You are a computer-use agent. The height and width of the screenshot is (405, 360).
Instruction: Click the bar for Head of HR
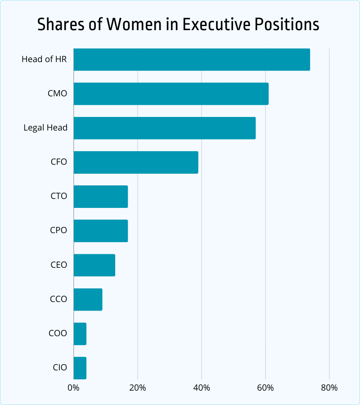[192, 59]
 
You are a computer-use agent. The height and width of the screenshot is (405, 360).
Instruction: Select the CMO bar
[171, 94]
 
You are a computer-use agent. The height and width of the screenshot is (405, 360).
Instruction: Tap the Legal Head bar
[165, 128]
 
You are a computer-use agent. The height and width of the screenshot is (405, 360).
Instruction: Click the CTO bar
[101, 197]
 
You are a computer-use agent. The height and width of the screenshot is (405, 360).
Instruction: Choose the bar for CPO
[101, 231]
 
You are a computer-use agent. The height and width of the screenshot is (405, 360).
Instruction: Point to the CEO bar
[94, 265]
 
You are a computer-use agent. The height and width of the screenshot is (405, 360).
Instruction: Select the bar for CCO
[88, 299]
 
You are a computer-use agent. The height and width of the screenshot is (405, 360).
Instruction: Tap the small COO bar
[80, 333]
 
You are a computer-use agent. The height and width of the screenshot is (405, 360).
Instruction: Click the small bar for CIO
[80, 368]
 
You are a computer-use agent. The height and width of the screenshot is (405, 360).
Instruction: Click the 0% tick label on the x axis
[73, 388]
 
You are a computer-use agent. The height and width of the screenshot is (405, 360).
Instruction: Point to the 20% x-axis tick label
[137, 388]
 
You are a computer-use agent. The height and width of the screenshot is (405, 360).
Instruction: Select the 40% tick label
[202, 388]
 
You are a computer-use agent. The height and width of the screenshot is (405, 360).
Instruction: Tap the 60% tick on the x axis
[265, 388]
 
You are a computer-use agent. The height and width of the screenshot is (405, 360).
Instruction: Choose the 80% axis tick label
[329, 388]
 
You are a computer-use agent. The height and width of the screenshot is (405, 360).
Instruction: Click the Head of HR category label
[44, 59]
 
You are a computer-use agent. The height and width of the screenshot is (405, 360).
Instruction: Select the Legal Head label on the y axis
[45, 128]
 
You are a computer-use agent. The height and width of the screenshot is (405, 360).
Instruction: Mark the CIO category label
[59, 368]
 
